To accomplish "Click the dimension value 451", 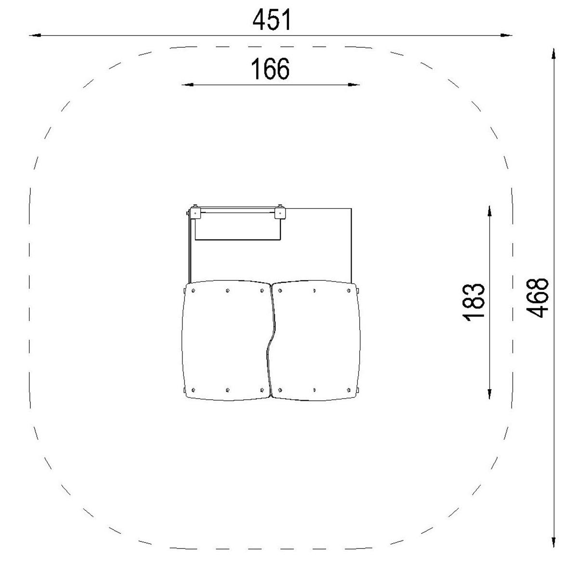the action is coord(272,20).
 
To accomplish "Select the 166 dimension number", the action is coord(270,69).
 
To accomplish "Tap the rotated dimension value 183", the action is coord(473,302).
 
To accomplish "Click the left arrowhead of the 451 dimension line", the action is coord(35,35).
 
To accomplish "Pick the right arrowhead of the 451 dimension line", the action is coord(506,35).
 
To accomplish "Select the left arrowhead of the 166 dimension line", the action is coord(187,85).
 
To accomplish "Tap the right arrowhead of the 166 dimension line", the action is coord(354,85).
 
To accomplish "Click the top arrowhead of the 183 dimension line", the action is coord(489,211).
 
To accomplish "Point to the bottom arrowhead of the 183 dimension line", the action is coord(489,393).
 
